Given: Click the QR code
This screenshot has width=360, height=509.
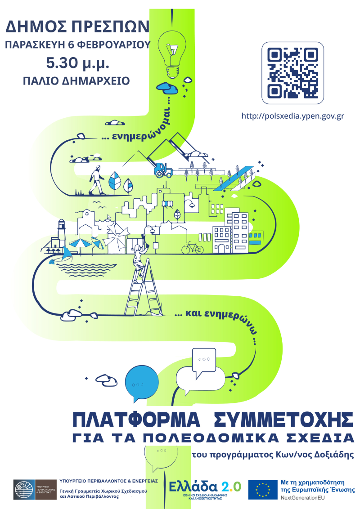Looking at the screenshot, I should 293,73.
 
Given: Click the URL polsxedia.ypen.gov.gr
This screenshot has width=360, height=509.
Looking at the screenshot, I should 293,116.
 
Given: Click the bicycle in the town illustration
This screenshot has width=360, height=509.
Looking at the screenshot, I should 192,247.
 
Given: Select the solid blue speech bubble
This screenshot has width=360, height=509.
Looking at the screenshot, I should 139,383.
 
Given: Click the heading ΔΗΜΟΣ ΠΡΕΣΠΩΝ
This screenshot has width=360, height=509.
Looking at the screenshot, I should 77,27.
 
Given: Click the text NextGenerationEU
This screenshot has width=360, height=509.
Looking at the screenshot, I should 305,499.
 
